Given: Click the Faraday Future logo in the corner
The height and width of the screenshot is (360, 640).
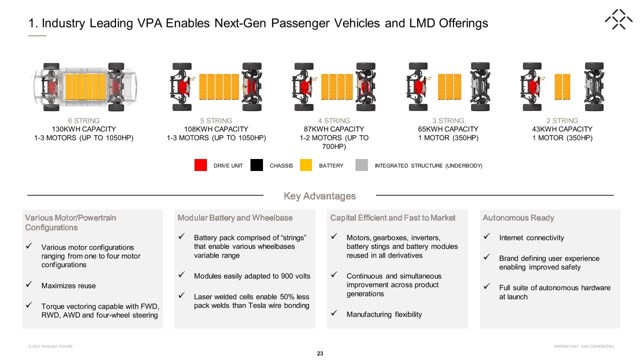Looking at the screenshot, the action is pyautogui.click(x=618, y=19).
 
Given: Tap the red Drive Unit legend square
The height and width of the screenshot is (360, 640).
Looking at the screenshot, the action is pyautogui.click(x=200, y=165).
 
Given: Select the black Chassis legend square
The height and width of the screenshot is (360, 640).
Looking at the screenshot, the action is pyautogui.click(x=256, y=165).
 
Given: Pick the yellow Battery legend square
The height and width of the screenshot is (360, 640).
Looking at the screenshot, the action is pyautogui.click(x=306, y=165).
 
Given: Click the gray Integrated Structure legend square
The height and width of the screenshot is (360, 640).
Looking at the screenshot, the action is pyautogui.click(x=361, y=165).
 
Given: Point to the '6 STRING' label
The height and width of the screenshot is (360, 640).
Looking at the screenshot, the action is pyautogui.click(x=83, y=120).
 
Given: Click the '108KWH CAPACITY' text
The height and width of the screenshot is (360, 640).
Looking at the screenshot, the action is pyautogui.click(x=216, y=129).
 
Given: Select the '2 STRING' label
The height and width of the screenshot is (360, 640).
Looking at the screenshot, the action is pyautogui.click(x=562, y=120).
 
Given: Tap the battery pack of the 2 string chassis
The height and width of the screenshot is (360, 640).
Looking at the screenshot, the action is pyautogui.click(x=562, y=87).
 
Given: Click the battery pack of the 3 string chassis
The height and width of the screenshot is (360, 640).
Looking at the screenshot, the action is pyautogui.click(x=449, y=87).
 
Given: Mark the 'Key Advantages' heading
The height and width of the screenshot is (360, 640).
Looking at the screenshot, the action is pyautogui.click(x=319, y=196).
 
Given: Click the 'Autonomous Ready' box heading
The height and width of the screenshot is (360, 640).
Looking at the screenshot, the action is pyautogui.click(x=518, y=217).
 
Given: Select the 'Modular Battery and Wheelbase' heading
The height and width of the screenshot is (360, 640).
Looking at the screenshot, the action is pyautogui.click(x=235, y=217).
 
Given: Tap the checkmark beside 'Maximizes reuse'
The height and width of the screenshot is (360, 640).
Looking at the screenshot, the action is pyautogui.click(x=29, y=284).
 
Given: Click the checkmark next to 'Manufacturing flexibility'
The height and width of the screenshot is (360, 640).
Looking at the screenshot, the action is pyautogui.click(x=334, y=313).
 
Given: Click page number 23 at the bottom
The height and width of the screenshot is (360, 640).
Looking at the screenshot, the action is pyautogui.click(x=320, y=353).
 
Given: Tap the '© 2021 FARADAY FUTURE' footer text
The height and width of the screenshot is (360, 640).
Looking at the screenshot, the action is pyautogui.click(x=50, y=346).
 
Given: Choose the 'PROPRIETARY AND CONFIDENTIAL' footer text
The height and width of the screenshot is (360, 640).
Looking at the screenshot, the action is pyautogui.click(x=584, y=346).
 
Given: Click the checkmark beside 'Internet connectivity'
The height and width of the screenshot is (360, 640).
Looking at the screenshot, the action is pyautogui.click(x=487, y=236).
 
